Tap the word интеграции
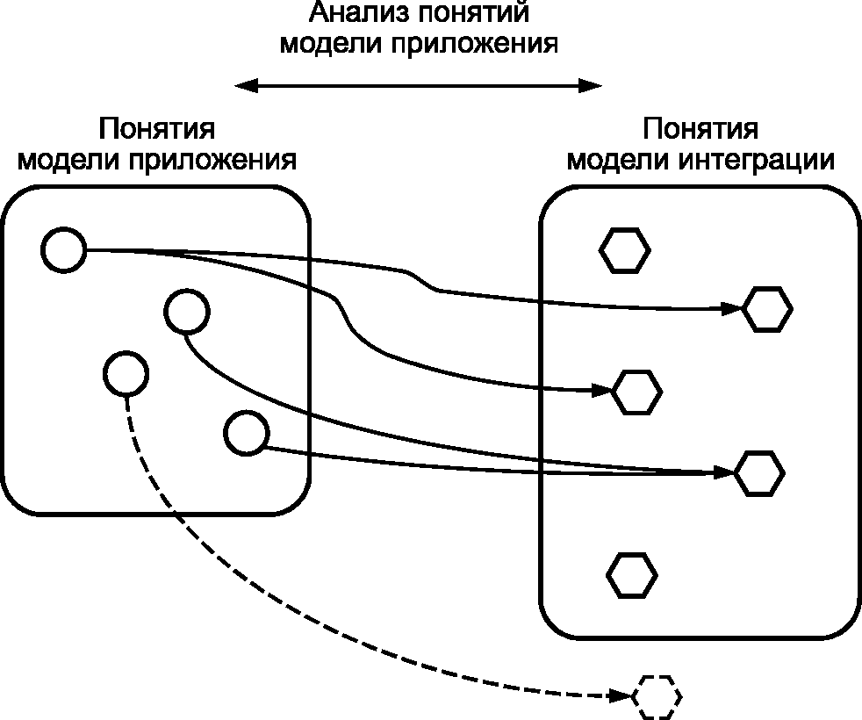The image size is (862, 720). (x=757, y=162)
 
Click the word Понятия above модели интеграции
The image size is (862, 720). (x=700, y=129)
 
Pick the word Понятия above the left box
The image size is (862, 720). (x=156, y=129)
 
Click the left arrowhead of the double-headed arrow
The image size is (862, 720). (x=247, y=86)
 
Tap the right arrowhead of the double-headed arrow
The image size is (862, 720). (x=591, y=86)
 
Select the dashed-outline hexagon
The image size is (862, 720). (x=657, y=697)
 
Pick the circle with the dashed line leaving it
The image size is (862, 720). (x=126, y=373)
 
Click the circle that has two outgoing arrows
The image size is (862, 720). (x=64, y=249)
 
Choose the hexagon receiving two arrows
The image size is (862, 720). (x=760, y=473)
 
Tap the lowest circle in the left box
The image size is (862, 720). (x=247, y=433)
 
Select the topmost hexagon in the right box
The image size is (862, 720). (x=624, y=251)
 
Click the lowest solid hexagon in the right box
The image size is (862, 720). (x=632, y=575)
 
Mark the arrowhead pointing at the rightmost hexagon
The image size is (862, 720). (x=732, y=309)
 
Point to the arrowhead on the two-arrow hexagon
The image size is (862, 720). (x=724, y=472)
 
